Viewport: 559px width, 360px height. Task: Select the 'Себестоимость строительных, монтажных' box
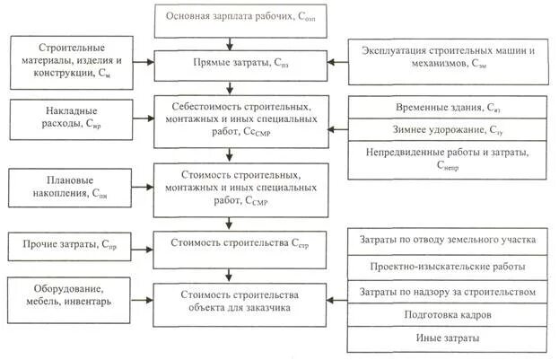click(231, 119)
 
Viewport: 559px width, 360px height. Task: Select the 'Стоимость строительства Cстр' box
click(231, 243)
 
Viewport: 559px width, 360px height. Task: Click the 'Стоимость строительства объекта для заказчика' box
click(231, 299)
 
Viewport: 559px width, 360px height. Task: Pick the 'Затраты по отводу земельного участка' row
click(446, 241)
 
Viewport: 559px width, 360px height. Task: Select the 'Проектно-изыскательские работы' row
click(446, 267)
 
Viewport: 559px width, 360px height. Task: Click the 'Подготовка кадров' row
click(446, 316)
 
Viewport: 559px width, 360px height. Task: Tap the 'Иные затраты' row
click(446, 339)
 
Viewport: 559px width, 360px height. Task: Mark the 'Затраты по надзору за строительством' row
click(446, 292)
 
